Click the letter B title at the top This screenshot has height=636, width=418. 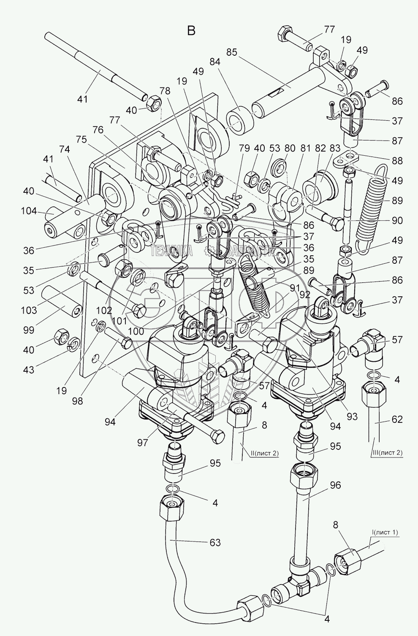(x=191, y=30)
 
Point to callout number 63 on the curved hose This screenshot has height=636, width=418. (x=215, y=542)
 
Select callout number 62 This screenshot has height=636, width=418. (x=397, y=419)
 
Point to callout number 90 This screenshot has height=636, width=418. (x=397, y=220)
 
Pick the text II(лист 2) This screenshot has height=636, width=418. (x=264, y=453)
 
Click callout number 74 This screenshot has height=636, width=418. (x=64, y=149)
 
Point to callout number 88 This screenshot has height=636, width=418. (x=397, y=161)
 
